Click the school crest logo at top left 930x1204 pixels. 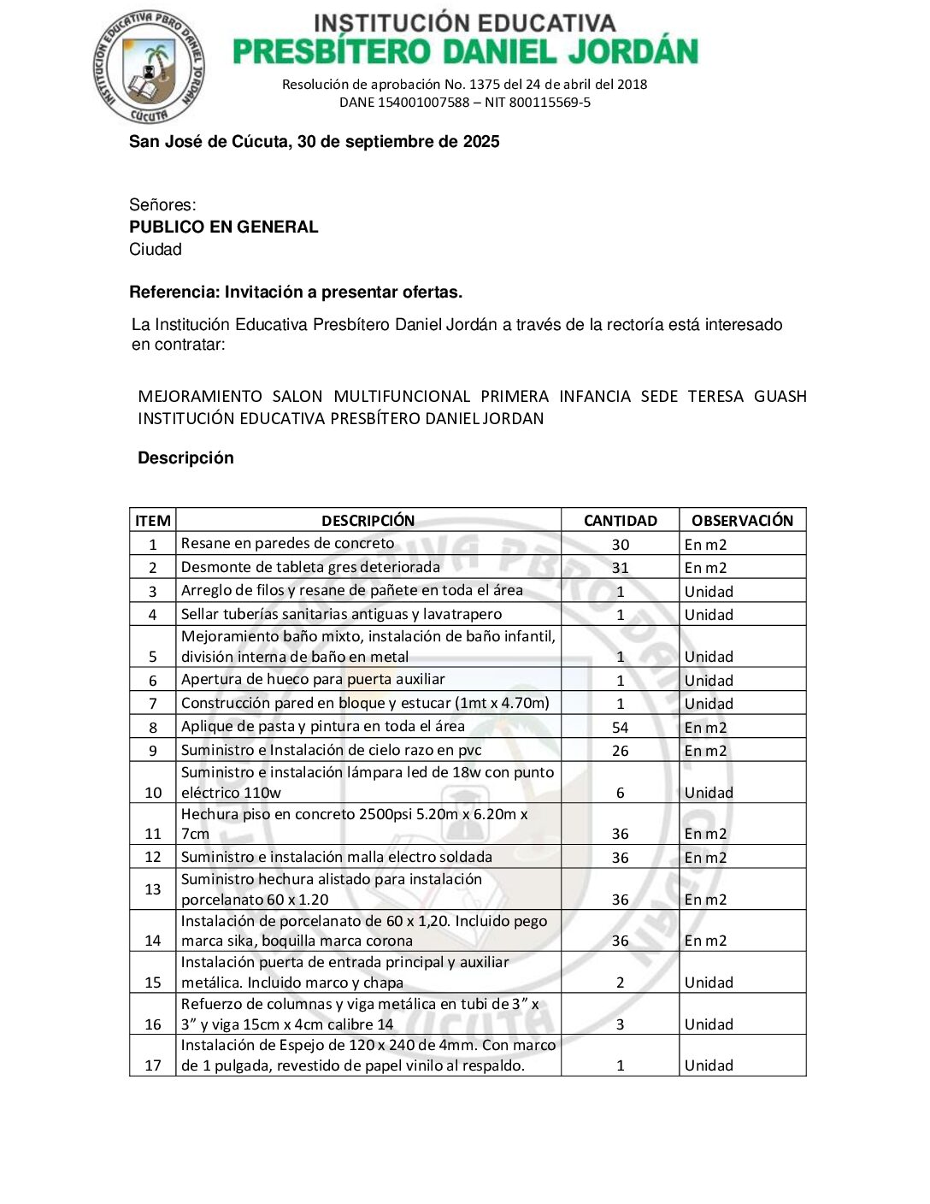(149, 68)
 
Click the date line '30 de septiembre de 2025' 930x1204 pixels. (314, 142)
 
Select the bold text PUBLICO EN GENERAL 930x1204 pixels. (223, 227)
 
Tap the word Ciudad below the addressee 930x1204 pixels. (156, 250)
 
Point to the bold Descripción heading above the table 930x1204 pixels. (185, 458)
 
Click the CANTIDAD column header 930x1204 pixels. (620, 521)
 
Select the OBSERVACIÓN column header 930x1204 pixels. (742, 521)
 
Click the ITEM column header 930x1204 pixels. (153, 521)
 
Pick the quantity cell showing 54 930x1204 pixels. (620, 728)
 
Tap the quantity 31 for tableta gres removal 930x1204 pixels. (620, 568)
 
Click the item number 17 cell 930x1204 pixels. (153, 1065)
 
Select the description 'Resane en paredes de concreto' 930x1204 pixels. (287, 544)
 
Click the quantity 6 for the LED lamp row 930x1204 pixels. (620, 793)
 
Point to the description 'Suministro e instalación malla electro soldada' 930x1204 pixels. (336, 857)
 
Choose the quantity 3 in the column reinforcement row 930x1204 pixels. (620, 1024)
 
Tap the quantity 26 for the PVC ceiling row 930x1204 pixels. (620, 751)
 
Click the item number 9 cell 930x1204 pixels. (153, 751)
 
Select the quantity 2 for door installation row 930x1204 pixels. (620, 983)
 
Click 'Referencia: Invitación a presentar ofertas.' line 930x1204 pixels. (296, 292)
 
